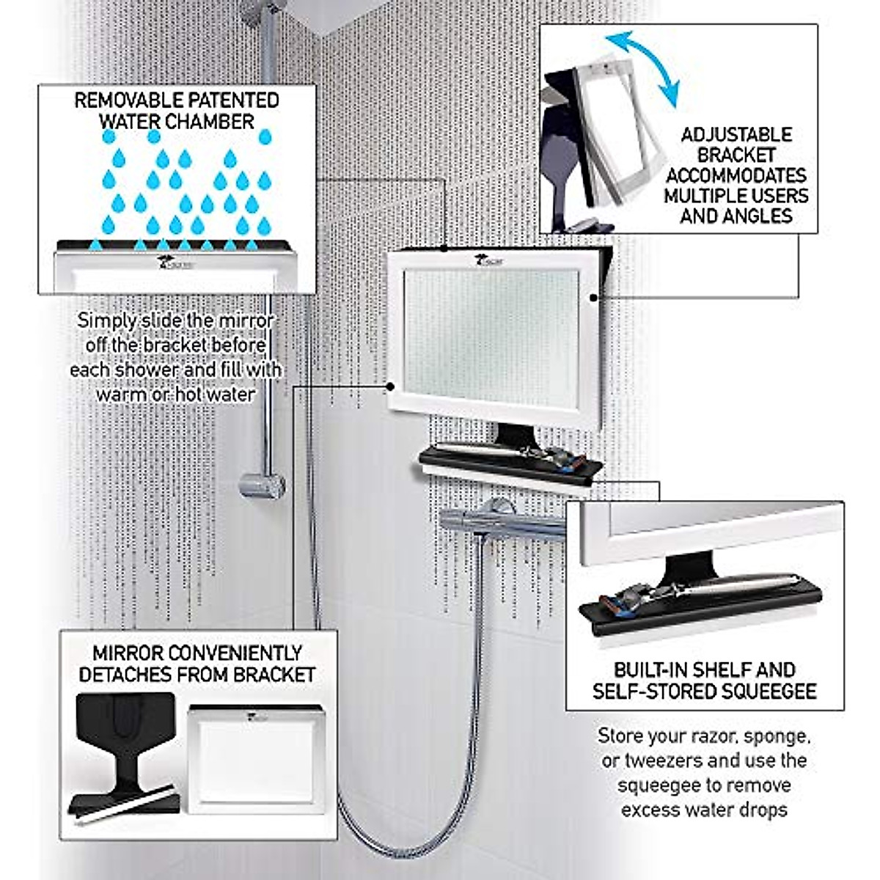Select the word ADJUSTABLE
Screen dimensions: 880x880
pos(736,135)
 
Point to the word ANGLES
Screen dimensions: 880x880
pos(761,216)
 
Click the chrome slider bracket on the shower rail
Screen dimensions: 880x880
pos(262,485)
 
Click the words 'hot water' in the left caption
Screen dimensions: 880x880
pos(214,394)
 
